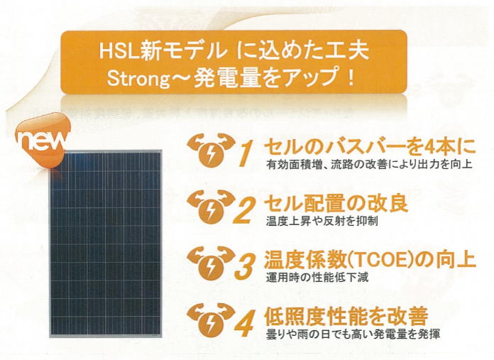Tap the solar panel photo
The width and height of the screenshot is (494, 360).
(x=105, y=244)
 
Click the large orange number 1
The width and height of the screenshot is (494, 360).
(x=246, y=153)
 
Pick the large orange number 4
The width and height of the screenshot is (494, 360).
(x=244, y=323)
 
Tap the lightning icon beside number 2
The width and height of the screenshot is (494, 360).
(x=211, y=207)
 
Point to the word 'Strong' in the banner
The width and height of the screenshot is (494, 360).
(x=138, y=79)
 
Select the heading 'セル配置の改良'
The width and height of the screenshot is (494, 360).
(x=336, y=204)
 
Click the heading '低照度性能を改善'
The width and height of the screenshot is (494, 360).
(x=346, y=317)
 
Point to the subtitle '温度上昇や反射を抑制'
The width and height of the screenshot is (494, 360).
(x=322, y=221)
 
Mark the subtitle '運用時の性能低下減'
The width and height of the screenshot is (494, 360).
(x=317, y=278)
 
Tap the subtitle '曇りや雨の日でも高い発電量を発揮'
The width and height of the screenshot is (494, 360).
(x=353, y=334)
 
